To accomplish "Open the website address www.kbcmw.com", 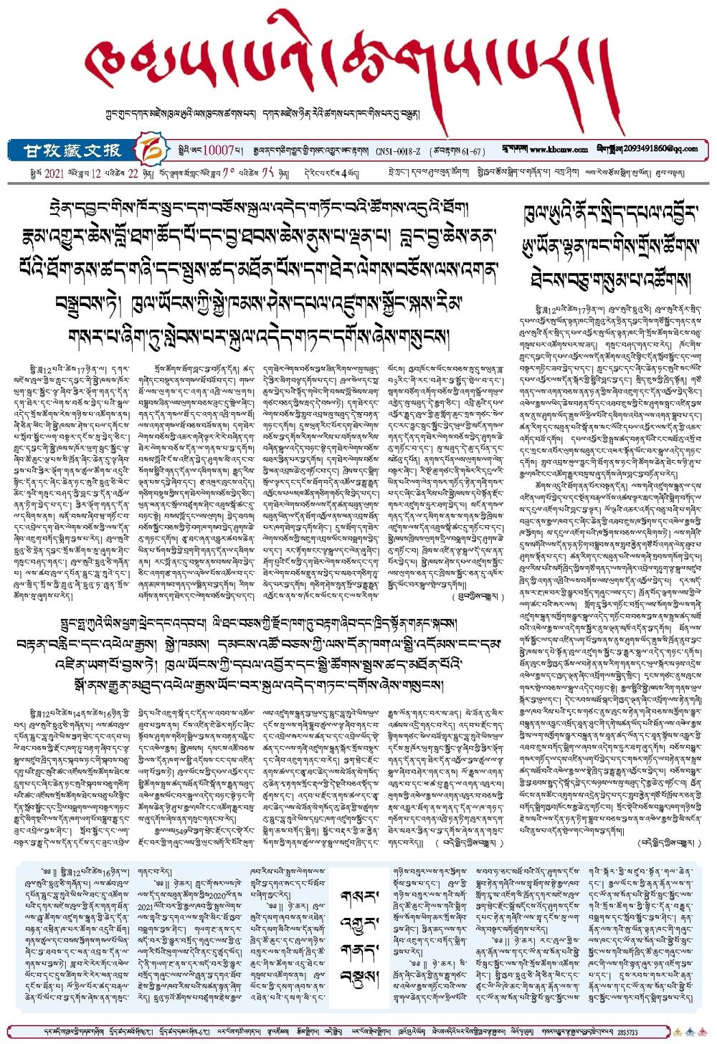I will pyautogui.click(x=559, y=150).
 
